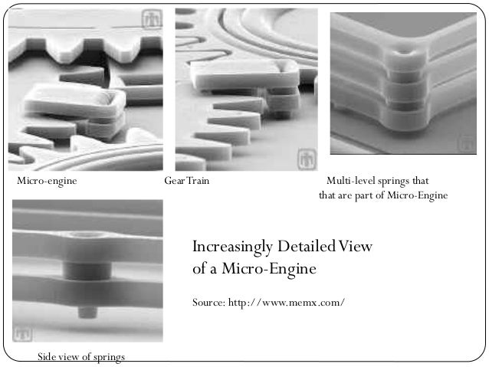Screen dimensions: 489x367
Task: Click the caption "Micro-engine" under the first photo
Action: coord(47,181)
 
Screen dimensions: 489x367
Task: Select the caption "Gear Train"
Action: coord(186,181)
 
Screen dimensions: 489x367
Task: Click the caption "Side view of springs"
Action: coord(81,357)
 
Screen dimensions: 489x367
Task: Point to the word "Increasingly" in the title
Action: coord(232,247)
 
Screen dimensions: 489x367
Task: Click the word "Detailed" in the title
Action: coord(306,247)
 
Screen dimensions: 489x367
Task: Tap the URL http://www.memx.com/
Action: coord(287,303)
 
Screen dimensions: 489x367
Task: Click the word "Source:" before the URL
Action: coord(208,303)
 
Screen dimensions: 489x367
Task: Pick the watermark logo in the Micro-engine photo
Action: coord(152,19)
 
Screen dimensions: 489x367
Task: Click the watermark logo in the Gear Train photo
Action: coord(307,159)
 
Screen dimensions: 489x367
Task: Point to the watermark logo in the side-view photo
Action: coord(22,334)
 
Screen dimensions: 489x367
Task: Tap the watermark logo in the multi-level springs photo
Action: coord(466,144)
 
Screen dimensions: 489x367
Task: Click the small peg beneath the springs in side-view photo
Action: coord(87,312)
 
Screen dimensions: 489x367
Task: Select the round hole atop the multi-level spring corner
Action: coord(403,52)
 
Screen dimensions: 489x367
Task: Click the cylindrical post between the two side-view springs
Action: coord(87,271)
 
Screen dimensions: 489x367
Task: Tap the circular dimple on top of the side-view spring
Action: coord(87,234)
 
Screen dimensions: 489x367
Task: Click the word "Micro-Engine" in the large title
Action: coord(269,269)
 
